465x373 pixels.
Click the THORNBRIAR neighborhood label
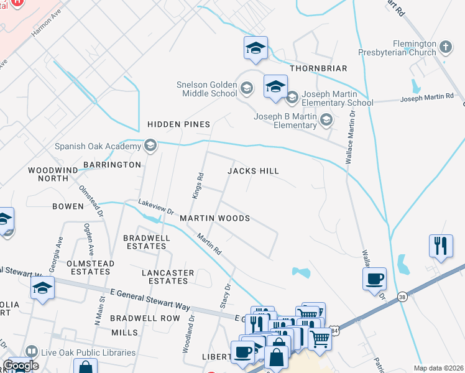(316, 68)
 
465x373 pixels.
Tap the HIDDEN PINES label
(178, 124)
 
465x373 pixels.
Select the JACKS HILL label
(253, 170)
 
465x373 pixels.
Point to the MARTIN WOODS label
(214, 218)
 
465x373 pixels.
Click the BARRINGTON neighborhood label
(113, 165)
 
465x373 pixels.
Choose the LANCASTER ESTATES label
(168, 277)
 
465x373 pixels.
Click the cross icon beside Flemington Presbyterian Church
(445, 47)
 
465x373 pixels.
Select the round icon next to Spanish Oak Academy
(149, 146)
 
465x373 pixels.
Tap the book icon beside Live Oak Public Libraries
(32, 352)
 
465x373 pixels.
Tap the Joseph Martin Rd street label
(427, 98)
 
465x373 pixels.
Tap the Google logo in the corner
(21, 366)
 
